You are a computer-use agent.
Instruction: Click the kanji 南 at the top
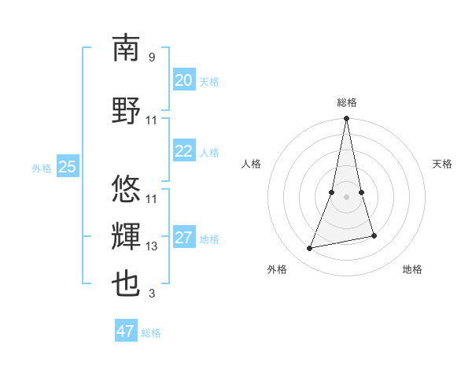(x=126, y=48)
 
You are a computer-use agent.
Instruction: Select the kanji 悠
(x=126, y=188)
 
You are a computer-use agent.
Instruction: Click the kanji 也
(x=126, y=284)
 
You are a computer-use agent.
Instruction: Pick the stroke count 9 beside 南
(x=152, y=57)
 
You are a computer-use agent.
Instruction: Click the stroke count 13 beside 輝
(x=152, y=246)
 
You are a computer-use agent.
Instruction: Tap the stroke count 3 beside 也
(x=152, y=294)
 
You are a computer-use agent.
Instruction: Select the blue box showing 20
(x=183, y=80)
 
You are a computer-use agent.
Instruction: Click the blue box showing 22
(x=183, y=151)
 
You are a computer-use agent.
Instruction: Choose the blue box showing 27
(x=183, y=238)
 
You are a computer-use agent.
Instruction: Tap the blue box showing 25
(x=68, y=166)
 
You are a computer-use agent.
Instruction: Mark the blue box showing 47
(x=126, y=331)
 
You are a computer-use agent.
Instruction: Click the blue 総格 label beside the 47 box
(x=151, y=333)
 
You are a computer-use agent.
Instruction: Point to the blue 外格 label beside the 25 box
(x=42, y=168)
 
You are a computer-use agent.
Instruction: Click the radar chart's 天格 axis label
(x=443, y=164)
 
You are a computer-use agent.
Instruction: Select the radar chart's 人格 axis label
(x=251, y=164)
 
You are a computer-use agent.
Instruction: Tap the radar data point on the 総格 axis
(x=346, y=119)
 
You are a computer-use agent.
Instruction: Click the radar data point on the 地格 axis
(x=374, y=236)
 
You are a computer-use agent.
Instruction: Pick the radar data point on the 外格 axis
(x=310, y=249)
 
